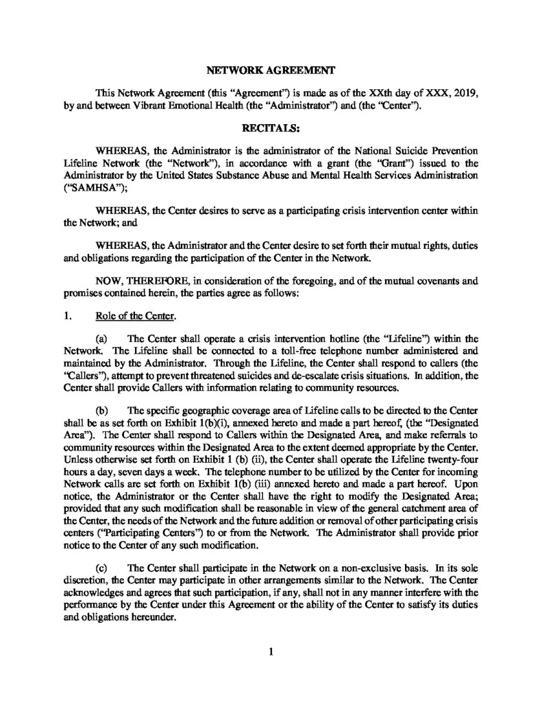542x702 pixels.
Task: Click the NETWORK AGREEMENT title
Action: tap(271, 70)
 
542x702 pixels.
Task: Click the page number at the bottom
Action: tap(271, 651)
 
